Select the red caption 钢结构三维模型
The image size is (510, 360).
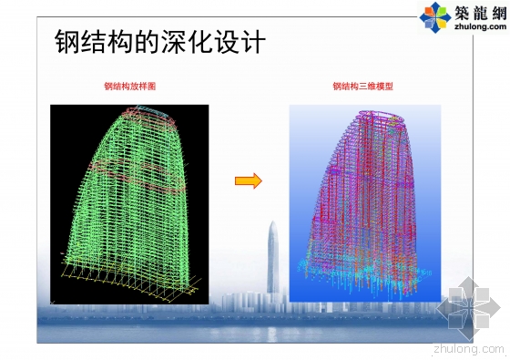click(x=363, y=87)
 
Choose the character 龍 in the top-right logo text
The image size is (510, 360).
click(x=477, y=12)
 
